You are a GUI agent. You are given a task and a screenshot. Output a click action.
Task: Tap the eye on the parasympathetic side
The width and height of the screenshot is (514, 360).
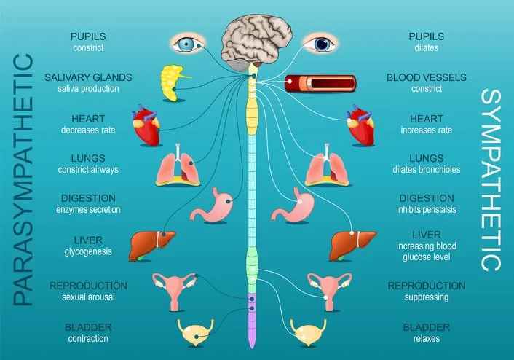click(188, 43)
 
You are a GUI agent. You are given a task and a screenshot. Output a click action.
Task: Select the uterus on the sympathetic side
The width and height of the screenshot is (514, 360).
click(325, 288)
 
